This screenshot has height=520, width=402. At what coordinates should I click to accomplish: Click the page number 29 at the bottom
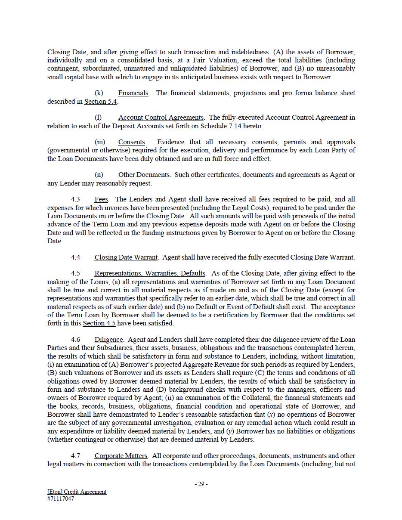coord(201,484)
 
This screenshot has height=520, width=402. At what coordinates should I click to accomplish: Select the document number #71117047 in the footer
coord(61,499)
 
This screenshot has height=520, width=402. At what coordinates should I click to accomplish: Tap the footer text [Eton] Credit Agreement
coord(77,492)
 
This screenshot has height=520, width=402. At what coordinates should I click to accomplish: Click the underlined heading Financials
coord(133,93)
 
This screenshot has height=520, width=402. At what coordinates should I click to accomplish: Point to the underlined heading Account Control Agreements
coord(161,118)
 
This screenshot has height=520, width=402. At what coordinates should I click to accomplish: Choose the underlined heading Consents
coord(132,142)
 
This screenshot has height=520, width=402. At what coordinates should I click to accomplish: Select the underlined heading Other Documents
coord(144,175)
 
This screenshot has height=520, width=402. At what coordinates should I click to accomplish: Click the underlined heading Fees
coord(101,199)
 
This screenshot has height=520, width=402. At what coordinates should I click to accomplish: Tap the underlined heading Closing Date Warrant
coord(126,257)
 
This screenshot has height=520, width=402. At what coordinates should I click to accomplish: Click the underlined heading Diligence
coord(109,340)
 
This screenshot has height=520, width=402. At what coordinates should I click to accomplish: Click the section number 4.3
coord(76,199)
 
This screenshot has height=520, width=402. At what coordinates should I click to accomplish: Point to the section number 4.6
coord(76,340)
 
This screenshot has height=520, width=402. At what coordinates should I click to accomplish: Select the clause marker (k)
coord(99,93)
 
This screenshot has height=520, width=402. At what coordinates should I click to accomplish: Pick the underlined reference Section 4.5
coord(99,323)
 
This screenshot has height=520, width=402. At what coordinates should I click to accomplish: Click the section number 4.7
coord(76,456)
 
